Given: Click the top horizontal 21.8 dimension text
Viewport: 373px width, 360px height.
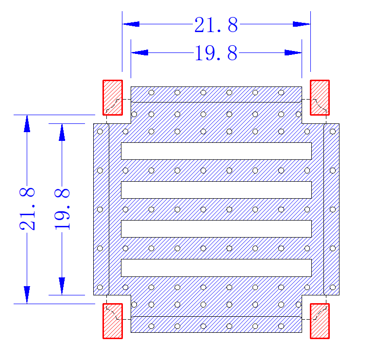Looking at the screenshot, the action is pyautogui.click(x=216, y=24).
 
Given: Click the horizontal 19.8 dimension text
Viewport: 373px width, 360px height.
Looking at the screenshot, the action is pyautogui.click(x=216, y=53).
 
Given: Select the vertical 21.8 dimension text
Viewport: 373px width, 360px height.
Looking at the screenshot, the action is pyautogui.click(x=27, y=209).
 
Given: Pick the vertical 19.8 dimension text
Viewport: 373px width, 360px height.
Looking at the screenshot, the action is pyautogui.click(x=62, y=209).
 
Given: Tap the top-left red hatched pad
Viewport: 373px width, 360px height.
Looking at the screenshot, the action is pyautogui.click(x=113, y=98).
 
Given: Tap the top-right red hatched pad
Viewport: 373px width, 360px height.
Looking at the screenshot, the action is pyautogui.click(x=320, y=98).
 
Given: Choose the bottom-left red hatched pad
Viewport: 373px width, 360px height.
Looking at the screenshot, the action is pyautogui.click(x=113, y=321).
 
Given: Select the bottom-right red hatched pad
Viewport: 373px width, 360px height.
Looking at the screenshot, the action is pyautogui.click(x=320, y=321).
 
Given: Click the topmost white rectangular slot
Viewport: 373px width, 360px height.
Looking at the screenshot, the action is pyautogui.click(x=216, y=151).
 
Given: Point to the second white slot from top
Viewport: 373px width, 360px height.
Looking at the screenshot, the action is pyautogui.click(x=216, y=190).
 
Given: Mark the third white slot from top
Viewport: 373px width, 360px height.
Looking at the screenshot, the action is pyautogui.click(x=216, y=229).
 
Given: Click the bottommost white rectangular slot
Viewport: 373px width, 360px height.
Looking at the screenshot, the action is pyautogui.click(x=216, y=268).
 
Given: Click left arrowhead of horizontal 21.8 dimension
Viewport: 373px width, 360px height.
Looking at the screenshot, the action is pyautogui.click(x=131, y=24).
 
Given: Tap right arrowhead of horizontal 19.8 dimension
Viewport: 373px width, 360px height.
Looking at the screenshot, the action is pyautogui.click(x=293, y=52).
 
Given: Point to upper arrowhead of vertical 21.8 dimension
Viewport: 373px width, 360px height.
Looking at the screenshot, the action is pyautogui.click(x=27, y=123).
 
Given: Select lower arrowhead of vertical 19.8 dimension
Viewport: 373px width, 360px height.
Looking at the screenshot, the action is pyautogui.click(x=62, y=286).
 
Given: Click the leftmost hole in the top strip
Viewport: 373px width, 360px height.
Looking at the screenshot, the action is pyautogui.click(x=152, y=93).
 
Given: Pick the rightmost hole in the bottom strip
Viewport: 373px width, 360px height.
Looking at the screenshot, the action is pyautogui.click(x=281, y=326).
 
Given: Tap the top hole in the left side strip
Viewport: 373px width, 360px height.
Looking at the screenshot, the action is pyautogui.click(x=100, y=132).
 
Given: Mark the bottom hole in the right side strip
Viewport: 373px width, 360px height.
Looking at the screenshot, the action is pyautogui.click(x=333, y=288).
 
